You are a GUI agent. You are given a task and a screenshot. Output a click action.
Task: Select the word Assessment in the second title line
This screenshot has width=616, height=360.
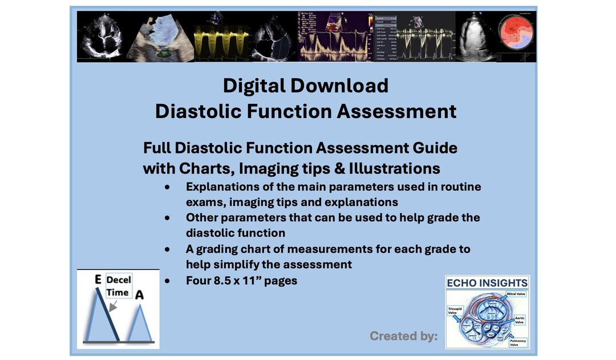tap(397, 111)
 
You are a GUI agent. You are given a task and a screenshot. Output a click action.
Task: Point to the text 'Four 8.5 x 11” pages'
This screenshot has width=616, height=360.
tap(241, 281)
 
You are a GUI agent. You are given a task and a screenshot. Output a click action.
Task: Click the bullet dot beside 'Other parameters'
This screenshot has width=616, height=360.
tap(167, 218)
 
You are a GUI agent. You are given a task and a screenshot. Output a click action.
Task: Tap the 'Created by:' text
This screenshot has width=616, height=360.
tap(403, 336)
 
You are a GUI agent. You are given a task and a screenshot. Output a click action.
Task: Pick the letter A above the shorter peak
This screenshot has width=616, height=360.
tap(139, 294)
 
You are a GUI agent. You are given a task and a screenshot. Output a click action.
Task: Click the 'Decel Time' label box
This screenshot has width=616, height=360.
tap(118, 286)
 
